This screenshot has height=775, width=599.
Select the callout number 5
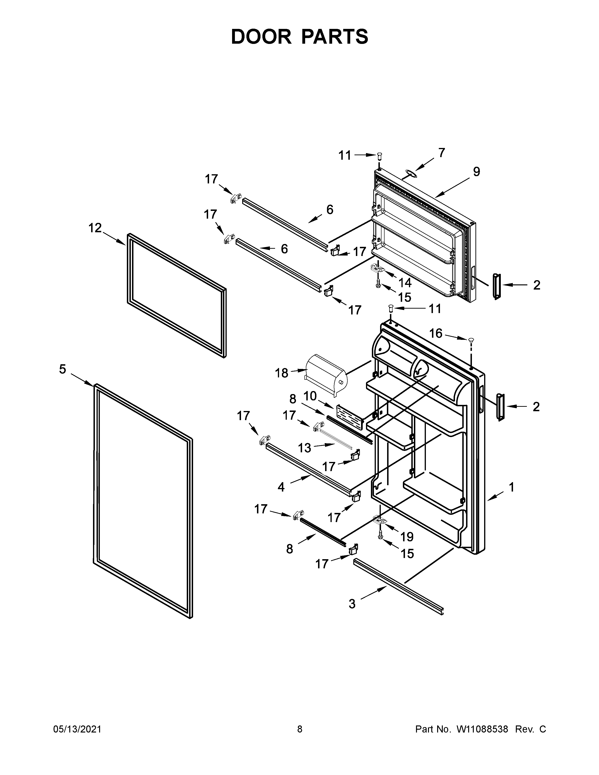pos(62,369)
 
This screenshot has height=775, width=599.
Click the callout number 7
pos(441,153)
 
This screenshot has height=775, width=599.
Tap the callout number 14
pos(405,283)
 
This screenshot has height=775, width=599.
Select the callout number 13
pos(304,448)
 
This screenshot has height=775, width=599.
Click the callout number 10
pos(310,396)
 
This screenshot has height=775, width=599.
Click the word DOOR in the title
pos(261,37)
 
